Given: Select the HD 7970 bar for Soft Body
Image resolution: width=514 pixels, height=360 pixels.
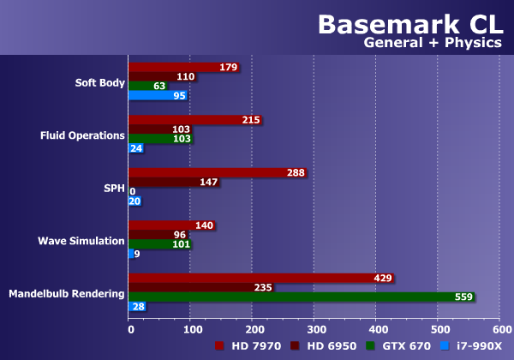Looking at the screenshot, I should [183, 68].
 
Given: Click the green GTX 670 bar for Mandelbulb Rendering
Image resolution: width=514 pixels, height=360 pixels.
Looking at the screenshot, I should [300, 297].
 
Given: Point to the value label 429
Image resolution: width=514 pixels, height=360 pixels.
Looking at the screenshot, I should [383, 278].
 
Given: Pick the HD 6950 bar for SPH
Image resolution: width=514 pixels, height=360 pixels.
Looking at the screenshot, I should [174, 182].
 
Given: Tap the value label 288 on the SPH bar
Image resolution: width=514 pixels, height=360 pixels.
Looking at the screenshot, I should [296, 172].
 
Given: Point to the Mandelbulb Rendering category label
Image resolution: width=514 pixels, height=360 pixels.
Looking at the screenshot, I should [67, 294].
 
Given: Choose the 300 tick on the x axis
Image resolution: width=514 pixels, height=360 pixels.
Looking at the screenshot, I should [314, 328].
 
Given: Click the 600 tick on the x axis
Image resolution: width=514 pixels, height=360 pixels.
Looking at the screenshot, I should [500, 328].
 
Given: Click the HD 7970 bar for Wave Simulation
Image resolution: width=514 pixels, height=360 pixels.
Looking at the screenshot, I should [170, 225].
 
